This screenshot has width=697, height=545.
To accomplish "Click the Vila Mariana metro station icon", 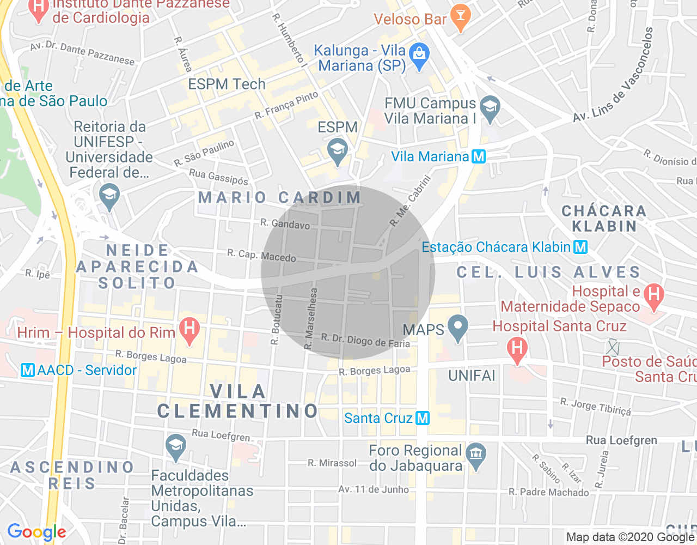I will tap(478, 157).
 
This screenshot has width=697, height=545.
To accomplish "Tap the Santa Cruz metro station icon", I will tap(423, 418).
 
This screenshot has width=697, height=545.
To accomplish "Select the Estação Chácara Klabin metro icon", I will tap(580, 247).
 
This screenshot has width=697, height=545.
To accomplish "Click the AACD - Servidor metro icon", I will tap(27, 370).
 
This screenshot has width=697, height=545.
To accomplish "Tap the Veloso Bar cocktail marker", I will tap(460, 17).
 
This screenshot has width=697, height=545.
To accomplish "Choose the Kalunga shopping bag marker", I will tap(419, 56).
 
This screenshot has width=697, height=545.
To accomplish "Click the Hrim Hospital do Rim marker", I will tap(189, 330).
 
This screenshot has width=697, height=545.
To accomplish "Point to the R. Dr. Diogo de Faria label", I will tap(365, 341).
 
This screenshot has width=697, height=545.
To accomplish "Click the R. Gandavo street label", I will tap(285, 224).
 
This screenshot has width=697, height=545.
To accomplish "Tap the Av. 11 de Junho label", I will tap(374, 489).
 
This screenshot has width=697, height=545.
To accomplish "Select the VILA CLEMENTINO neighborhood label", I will tap(238, 401).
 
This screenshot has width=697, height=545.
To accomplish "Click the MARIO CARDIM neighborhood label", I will tap(280, 197).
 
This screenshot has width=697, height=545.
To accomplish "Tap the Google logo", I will tap(36, 532).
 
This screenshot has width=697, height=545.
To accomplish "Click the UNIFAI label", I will tap(472, 376).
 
